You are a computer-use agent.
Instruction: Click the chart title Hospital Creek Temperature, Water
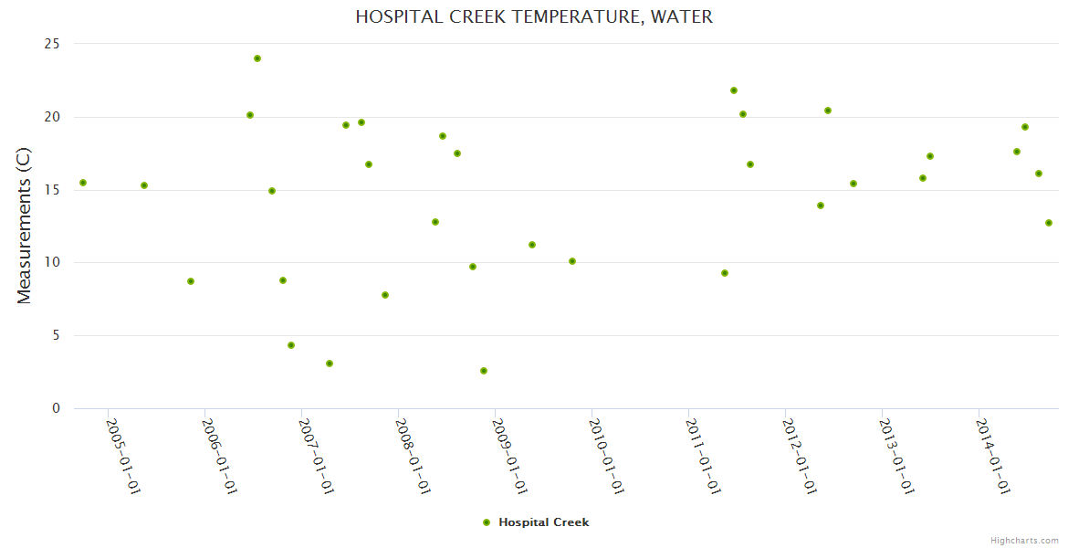534,17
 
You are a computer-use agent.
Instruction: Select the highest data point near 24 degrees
257,58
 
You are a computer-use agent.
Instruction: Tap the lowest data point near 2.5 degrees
484,371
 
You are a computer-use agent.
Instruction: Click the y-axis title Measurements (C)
25,226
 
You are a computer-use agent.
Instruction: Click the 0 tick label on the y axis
56,408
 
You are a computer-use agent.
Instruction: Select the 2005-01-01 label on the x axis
123,457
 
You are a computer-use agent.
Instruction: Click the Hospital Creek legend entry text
543,522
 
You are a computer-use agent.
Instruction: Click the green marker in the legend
487,522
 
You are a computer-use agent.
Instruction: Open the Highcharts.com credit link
1024,540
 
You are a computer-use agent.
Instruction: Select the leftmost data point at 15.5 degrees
83,183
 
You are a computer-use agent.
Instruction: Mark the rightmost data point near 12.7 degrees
1049,223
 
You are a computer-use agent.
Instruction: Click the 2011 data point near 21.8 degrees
734,90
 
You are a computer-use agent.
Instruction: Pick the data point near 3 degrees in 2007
330,364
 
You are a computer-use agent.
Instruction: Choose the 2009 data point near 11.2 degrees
532,245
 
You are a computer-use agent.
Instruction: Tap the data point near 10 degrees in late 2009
572,261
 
